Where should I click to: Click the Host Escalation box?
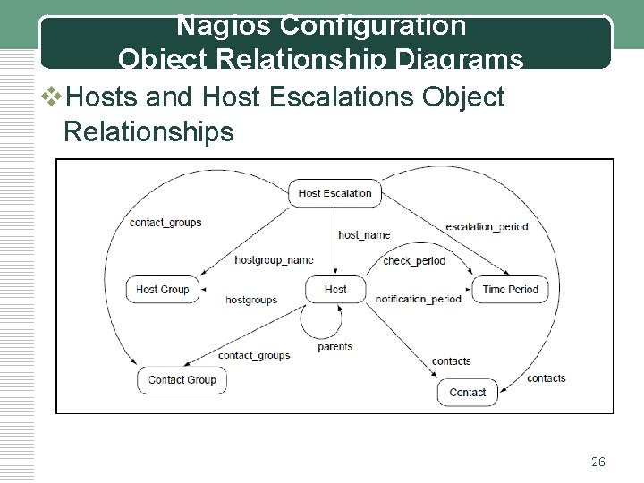coord(335,192)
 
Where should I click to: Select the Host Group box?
coord(163,289)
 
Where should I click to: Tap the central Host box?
coord(335,289)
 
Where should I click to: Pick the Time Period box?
coord(510,289)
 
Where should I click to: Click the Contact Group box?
coord(182,379)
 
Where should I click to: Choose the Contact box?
coord(467,392)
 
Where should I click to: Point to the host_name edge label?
coord(364,235)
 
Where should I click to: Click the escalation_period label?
coord(487,226)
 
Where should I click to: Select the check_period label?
coord(413,261)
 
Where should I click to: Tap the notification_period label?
coord(419,299)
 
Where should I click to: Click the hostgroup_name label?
coord(274,260)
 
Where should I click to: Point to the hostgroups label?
coord(251,300)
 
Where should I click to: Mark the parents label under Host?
coord(335,347)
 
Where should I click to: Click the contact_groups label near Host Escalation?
coord(165,222)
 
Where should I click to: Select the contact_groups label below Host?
coord(254,355)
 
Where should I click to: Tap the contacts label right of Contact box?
coord(546,378)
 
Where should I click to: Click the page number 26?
coord(598,462)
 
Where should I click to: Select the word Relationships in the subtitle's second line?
coord(148,132)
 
